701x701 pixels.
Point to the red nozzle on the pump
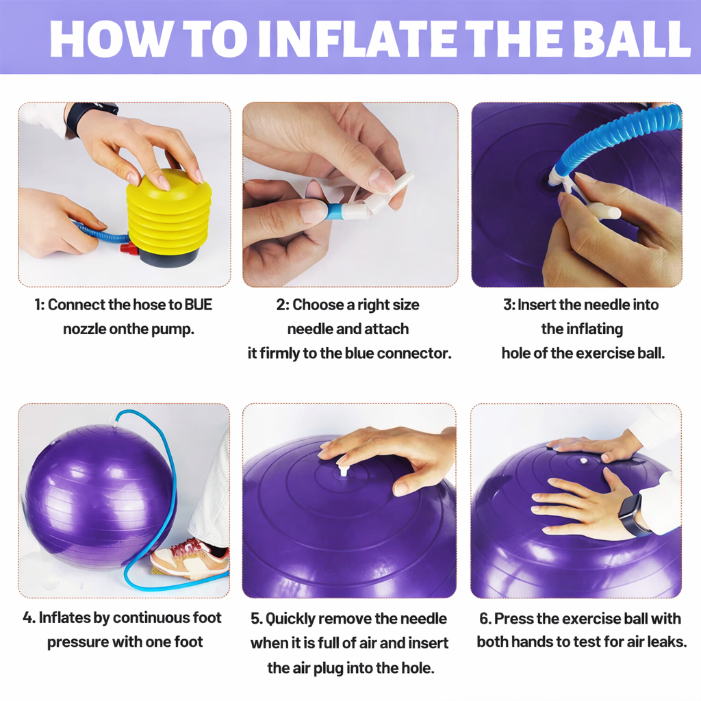point(127,247)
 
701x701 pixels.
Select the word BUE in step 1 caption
point(199,305)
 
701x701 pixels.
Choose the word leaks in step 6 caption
point(661,642)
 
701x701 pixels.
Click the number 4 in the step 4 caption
point(28,618)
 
